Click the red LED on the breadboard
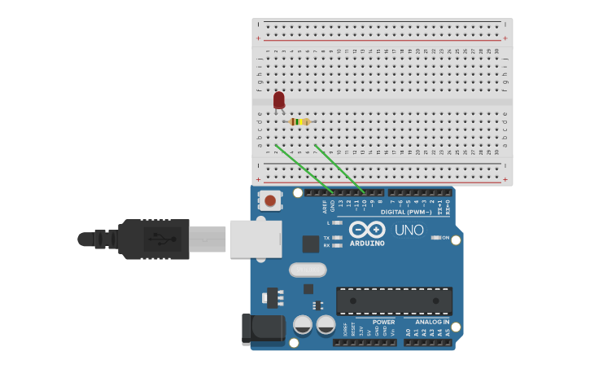coord(279,100)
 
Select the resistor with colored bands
coord(299,122)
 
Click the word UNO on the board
coord(409,231)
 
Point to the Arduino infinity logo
coord(367,229)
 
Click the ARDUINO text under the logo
coord(367,243)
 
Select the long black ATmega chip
coord(394,301)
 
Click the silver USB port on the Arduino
coord(255,239)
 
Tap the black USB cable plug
coord(155,239)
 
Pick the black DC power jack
coord(262,329)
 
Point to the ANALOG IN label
coord(427,322)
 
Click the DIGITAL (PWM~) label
coord(406,212)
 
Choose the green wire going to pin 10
coord(338,168)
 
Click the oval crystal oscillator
coord(308,270)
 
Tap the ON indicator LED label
coord(445,237)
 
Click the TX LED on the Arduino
coord(337,237)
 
